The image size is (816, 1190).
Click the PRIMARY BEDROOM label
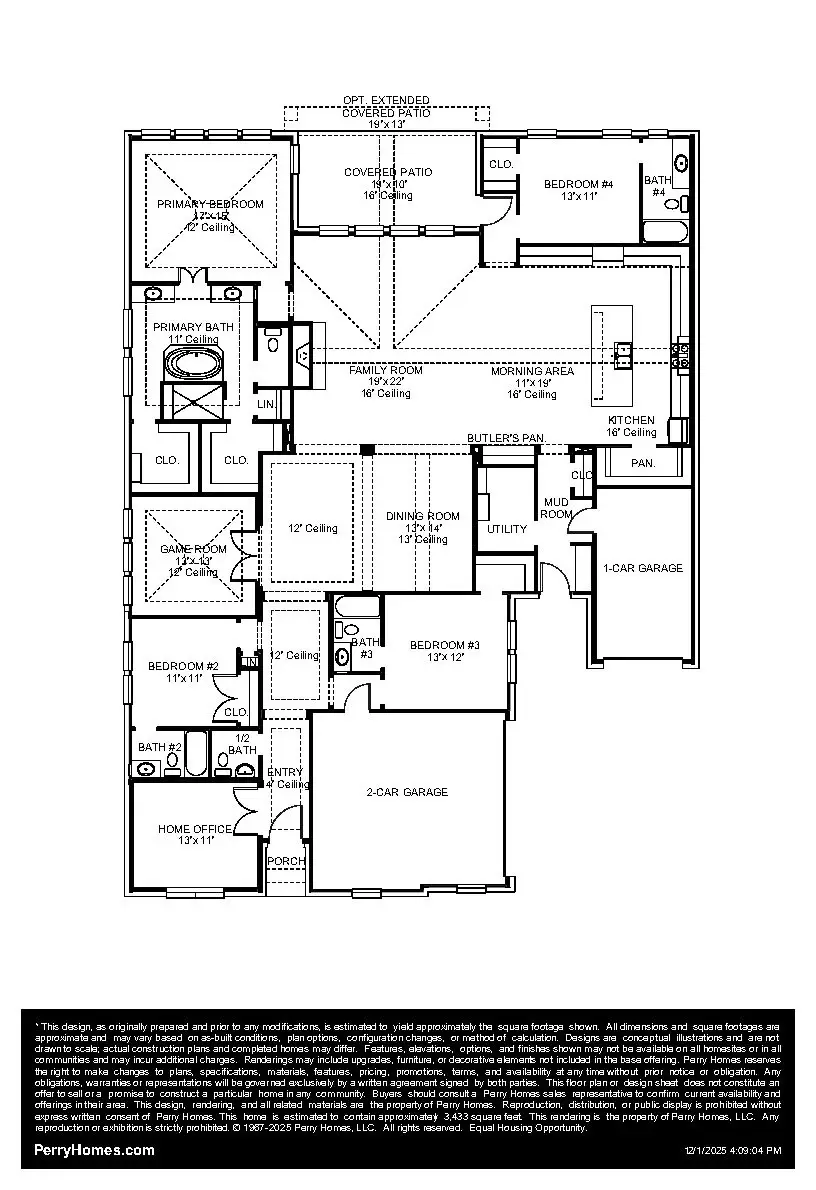point(210,204)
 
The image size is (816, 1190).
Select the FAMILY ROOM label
point(385,370)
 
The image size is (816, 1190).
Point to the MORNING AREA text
point(532,371)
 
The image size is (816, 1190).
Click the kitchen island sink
point(623,350)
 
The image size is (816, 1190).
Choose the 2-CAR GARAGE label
point(406,792)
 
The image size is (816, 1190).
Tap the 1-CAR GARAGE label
point(643,568)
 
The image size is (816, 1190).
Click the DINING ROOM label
point(423,516)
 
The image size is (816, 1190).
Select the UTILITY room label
point(507,529)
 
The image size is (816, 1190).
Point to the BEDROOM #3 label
point(445,645)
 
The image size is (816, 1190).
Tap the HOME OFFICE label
point(194,829)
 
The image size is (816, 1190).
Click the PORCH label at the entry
point(286,861)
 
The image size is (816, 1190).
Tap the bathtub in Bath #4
point(664,233)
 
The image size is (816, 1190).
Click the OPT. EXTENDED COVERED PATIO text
point(386,107)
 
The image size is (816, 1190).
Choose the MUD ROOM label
point(556,508)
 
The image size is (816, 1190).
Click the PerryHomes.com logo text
point(94,1150)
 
